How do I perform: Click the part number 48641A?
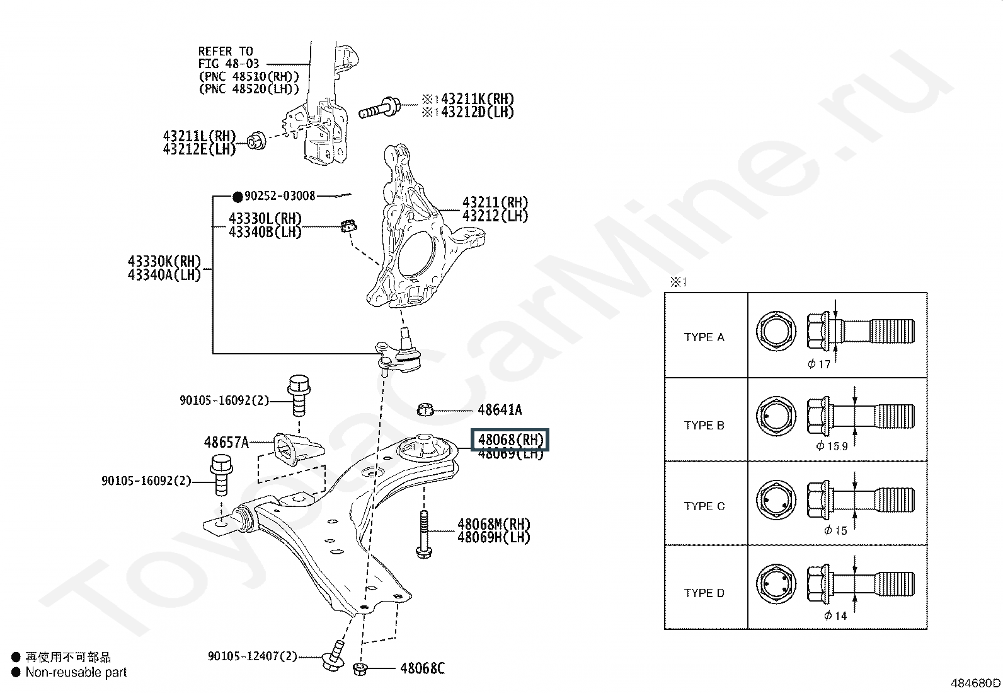[500, 410]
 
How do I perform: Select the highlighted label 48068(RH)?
[510, 440]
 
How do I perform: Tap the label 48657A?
[226, 443]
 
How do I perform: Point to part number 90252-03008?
[280, 196]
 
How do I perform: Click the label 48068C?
[422, 668]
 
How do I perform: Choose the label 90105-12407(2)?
[253, 656]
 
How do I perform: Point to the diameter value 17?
[824, 364]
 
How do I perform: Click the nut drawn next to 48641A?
[425, 410]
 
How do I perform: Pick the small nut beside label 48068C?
[360, 670]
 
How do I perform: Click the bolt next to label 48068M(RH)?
[423, 534]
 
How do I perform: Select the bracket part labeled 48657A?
[298, 449]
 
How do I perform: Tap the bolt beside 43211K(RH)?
[380, 108]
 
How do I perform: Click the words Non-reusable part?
[76, 672]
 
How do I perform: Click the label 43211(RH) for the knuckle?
[495, 202]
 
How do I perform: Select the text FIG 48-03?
[228, 64]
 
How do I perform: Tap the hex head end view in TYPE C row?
[776, 500]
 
